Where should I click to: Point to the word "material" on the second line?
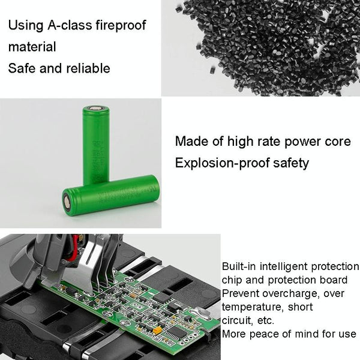[32, 47]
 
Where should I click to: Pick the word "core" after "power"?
[338, 142]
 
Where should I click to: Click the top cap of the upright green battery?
[95, 109]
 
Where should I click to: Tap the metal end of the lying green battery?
[67, 204]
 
